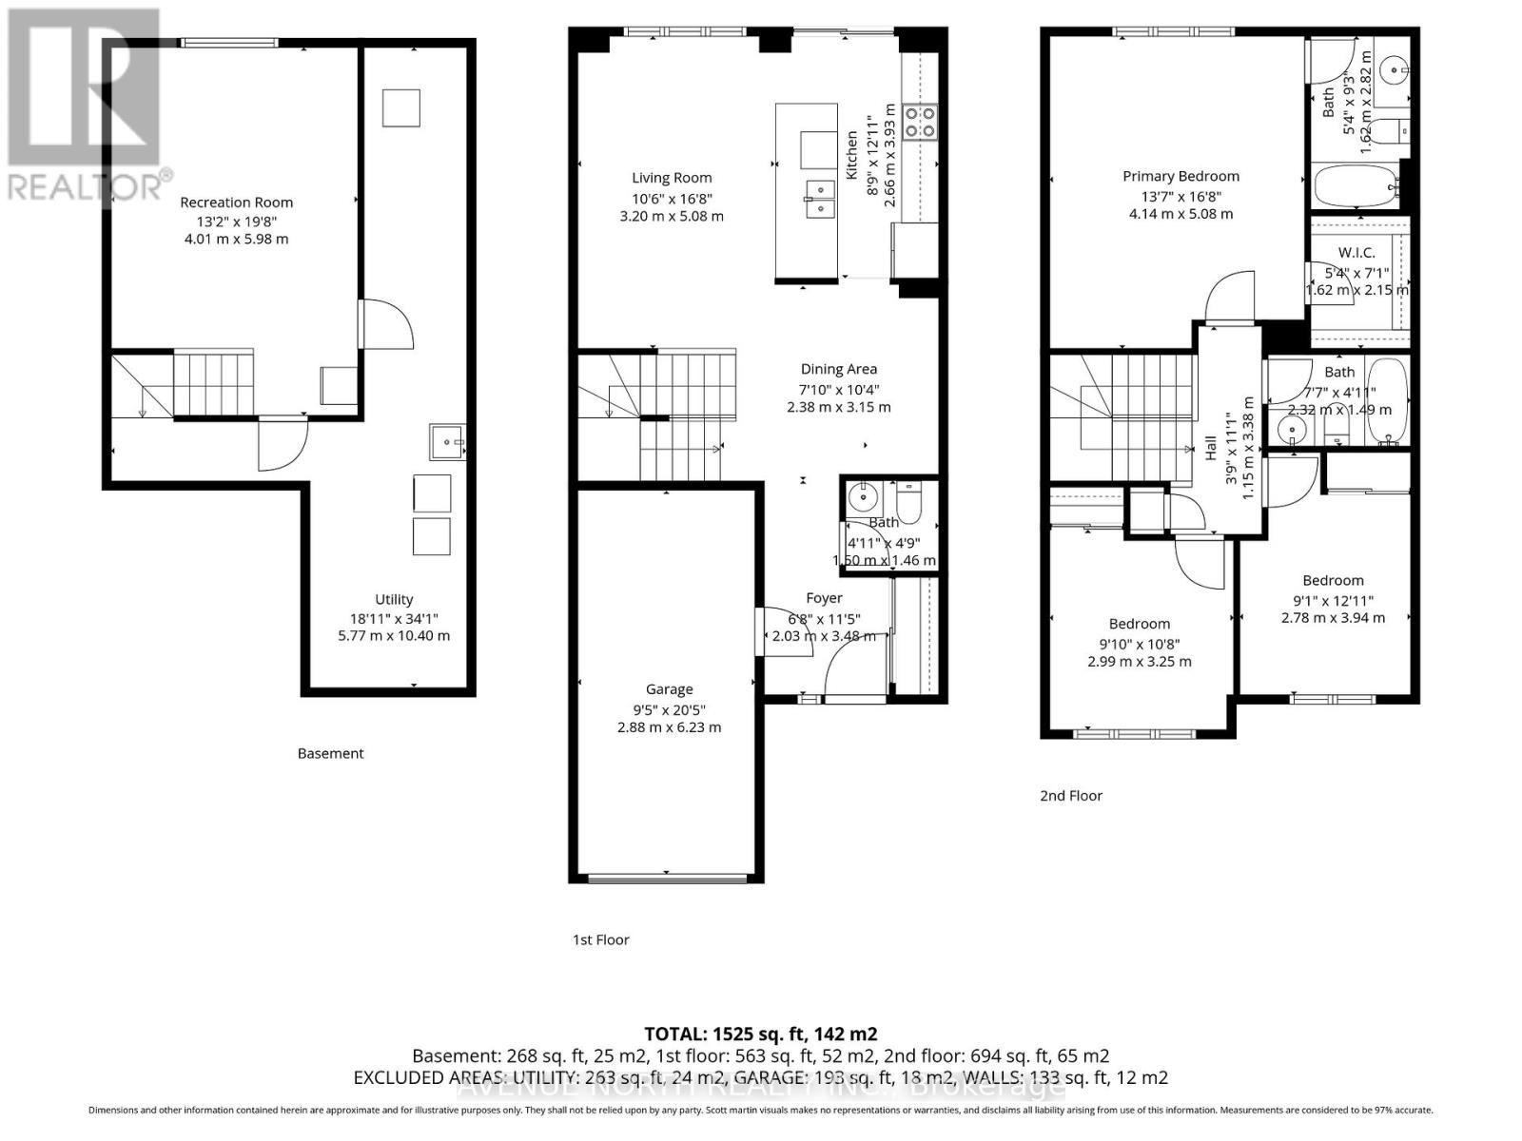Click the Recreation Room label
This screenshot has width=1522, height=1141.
[236, 203]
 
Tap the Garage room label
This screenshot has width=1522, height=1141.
[669, 689]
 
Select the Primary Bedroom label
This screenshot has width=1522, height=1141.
[1181, 176]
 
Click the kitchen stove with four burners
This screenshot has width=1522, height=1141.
[920, 122]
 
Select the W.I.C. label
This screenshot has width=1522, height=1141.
[1356, 253]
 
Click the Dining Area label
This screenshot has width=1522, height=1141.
[838, 369]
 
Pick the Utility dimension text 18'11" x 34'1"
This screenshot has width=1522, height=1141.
[394, 617]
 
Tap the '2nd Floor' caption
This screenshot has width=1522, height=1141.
[1071, 796]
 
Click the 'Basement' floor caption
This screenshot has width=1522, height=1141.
[330, 753]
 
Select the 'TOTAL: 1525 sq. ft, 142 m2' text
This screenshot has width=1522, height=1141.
[760, 1034]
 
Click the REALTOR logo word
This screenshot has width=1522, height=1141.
[86, 185]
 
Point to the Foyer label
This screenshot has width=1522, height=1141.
[824, 598]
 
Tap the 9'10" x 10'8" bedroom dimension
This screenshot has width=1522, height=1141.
[1139, 643]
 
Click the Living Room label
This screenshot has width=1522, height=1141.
[672, 178]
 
